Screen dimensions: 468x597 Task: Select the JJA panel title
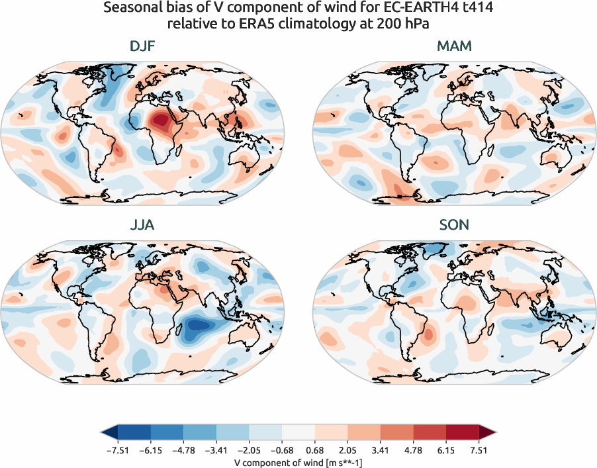point(142,225)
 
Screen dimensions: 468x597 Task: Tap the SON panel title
point(454,225)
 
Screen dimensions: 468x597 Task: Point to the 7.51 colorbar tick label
point(479,450)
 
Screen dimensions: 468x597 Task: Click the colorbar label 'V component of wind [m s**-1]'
point(298,461)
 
